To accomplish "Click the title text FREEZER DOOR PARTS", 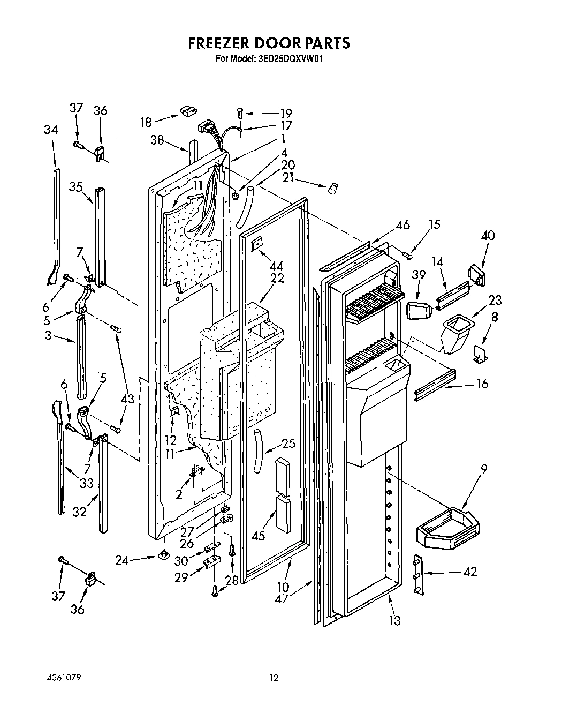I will pos(269,43).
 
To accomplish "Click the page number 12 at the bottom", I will pos(274,678).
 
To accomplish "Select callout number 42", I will pos(470,572).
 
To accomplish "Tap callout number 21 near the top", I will pos(289,178).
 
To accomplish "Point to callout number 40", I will pos(487,235).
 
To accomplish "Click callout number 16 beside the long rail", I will pos(482,384).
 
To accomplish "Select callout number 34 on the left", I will pos(51,130).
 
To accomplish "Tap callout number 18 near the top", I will pos(146,122).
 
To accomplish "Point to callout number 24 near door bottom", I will pos(123,560).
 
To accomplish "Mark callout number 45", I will pos(258,535).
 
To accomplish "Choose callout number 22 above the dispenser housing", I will pos(277,279).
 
